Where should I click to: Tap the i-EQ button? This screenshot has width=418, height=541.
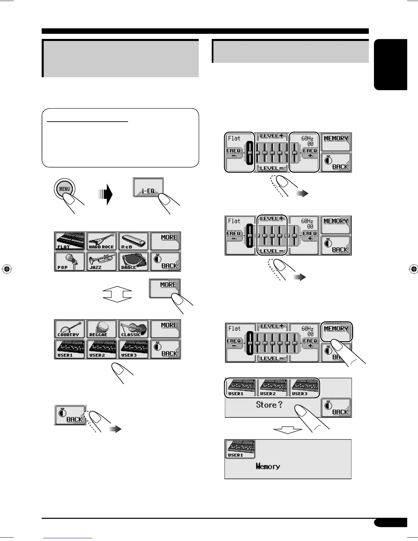pyautogui.click(x=148, y=188)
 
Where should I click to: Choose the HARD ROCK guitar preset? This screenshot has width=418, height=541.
pyautogui.click(x=101, y=241)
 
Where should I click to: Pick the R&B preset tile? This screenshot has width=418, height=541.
pyautogui.click(x=133, y=241)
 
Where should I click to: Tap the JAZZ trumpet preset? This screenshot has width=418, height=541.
pyautogui.click(x=101, y=261)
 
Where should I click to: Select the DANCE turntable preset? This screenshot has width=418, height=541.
pyautogui.click(x=133, y=261)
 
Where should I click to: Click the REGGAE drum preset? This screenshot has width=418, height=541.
pyautogui.click(x=101, y=329)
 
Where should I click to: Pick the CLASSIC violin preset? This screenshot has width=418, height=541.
pyautogui.click(x=133, y=329)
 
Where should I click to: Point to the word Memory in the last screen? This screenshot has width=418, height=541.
pyautogui.click(x=268, y=466)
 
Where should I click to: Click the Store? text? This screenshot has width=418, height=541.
pyautogui.click(x=269, y=405)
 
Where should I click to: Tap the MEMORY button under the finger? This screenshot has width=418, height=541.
pyautogui.click(x=336, y=331)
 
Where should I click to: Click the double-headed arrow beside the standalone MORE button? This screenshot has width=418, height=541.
pyautogui.click(x=117, y=294)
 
